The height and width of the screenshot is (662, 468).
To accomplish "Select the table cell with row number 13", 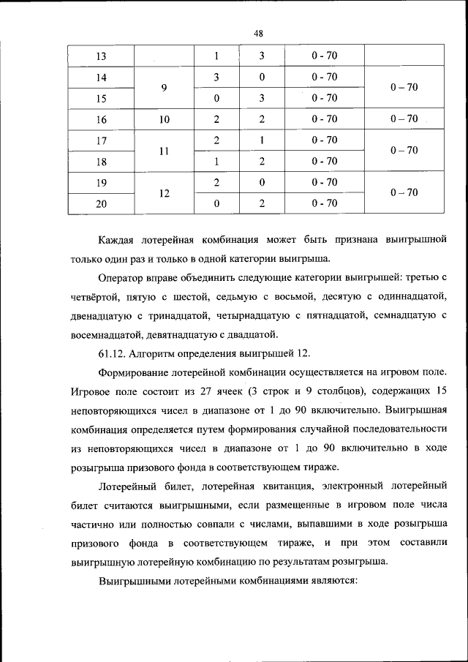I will (101, 56).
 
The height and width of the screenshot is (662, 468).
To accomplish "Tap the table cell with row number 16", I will (101, 119).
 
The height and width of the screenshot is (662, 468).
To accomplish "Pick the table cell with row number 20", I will (101, 204).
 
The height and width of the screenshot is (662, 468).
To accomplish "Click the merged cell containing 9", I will (165, 88).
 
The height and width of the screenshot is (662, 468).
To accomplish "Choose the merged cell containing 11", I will (165, 151).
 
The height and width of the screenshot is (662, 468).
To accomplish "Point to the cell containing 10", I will (165, 119).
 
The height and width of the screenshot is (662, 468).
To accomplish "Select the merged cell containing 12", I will (165, 193).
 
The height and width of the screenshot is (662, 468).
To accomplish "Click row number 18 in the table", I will (101, 162).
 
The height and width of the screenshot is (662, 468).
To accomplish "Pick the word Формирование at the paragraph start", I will (137, 373).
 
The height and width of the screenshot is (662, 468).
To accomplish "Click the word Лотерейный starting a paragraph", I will (129, 486).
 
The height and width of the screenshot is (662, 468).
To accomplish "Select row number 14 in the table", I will (101, 77).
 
